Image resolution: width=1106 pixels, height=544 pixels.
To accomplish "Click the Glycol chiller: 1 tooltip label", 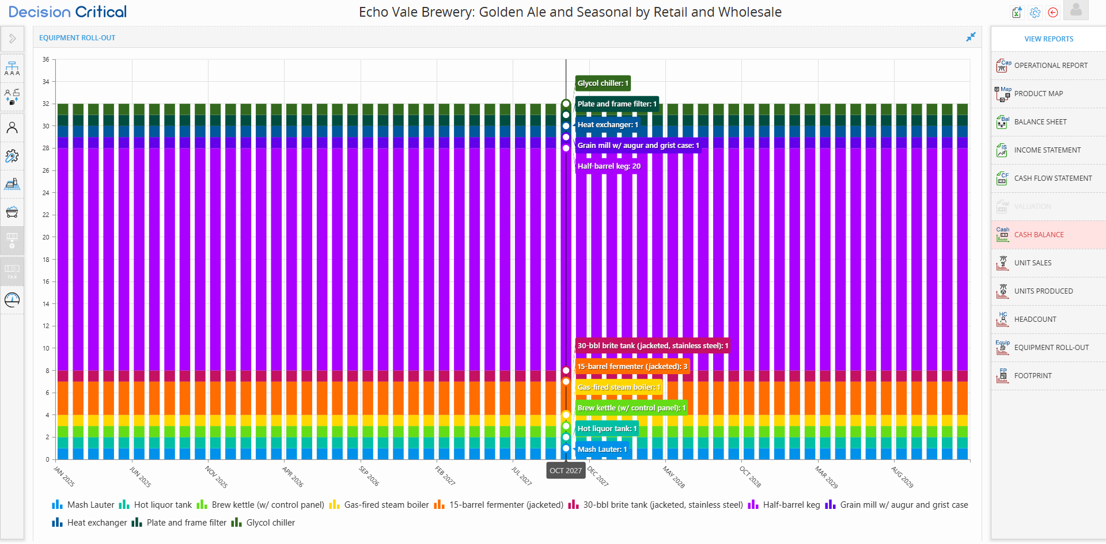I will pos(603,83).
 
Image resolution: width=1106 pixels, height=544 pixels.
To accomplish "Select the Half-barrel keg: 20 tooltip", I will pos(609,166).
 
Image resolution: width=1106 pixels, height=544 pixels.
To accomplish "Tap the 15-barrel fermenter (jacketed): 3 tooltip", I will pos(632,367).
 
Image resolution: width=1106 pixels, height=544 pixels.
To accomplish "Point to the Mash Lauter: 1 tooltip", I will pos(602,450).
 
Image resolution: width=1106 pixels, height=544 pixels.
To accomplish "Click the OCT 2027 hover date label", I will pos(566,471).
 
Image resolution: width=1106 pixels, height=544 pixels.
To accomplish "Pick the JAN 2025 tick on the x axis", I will pos(64,477).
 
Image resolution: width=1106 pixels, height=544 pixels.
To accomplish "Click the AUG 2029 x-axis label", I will pos(902,477).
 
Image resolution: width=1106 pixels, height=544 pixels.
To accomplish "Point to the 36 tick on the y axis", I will pos(46,59).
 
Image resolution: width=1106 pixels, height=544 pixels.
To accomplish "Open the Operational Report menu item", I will pos(1050,66).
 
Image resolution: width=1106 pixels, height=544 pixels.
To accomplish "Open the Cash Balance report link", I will pos(1039,235).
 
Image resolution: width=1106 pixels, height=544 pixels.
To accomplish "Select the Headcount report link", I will pos(1035,319).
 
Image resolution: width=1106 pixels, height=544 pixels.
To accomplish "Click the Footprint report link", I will pos(1032,376).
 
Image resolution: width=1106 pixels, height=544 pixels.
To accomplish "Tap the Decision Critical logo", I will pos(67,12).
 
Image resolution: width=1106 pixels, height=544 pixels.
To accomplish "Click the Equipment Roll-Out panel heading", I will pos(77,38).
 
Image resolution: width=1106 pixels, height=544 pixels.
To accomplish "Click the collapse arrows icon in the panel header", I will pos(971,37).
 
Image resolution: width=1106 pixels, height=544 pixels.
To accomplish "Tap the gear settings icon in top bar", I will pos(1035,13).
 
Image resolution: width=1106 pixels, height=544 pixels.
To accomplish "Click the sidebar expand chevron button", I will pos(12,39).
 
